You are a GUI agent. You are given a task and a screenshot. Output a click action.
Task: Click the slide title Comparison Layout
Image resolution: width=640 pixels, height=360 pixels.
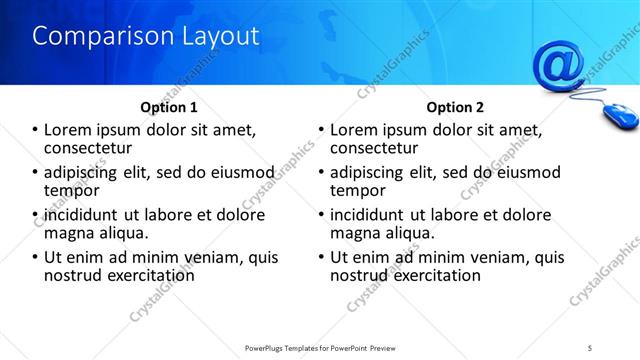146,36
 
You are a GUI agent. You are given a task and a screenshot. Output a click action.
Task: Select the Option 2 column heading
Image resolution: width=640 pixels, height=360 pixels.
455,107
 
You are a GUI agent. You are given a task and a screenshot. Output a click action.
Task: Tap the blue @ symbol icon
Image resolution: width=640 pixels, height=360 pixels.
558,64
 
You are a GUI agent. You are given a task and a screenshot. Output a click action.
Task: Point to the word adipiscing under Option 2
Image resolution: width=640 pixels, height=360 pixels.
372,172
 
